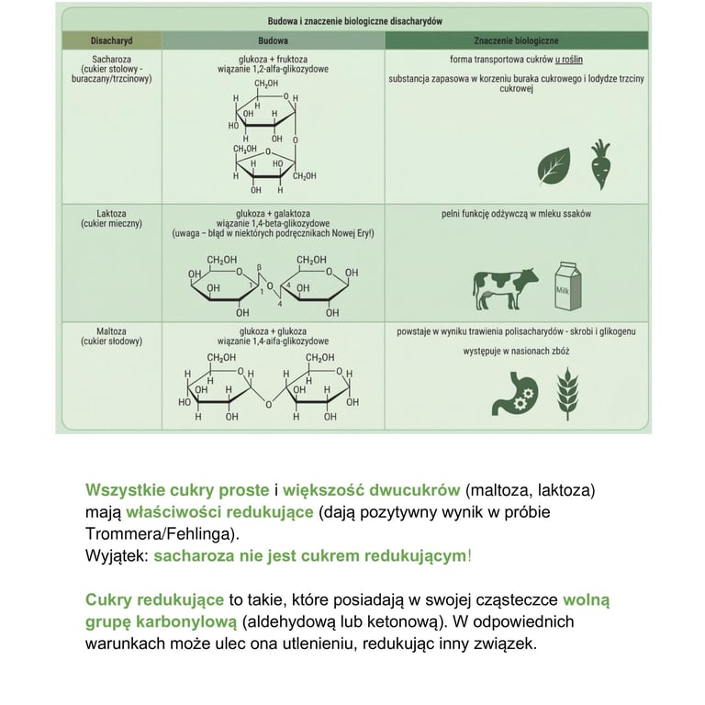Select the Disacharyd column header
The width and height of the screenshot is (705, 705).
point(111,41)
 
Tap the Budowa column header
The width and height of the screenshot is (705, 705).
point(273,41)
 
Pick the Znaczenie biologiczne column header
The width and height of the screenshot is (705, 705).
point(516,41)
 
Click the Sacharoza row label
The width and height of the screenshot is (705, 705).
point(110,57)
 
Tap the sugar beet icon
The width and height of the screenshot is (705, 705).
point(601,164)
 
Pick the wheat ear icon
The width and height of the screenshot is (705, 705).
point(568,389)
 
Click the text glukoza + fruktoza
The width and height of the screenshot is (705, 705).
point(273,57)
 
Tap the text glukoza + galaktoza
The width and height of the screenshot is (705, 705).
point(273,212)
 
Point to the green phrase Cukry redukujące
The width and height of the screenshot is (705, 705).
point(154,599)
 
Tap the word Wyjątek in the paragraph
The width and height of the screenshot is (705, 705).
point(116,555)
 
